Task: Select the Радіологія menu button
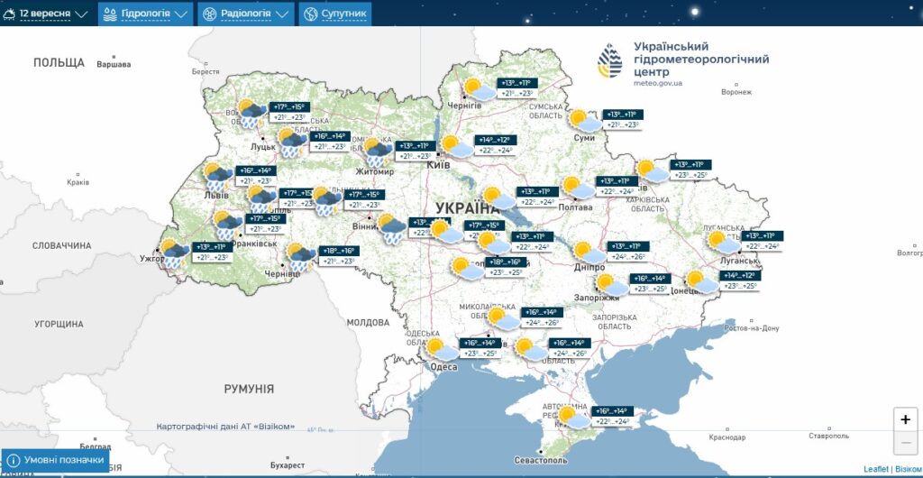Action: click(x=246, y=14)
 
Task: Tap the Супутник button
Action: click(x=334, y=14)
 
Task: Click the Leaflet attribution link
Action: click(x=875, y=469)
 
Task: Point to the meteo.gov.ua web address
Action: click(x=658, y=83)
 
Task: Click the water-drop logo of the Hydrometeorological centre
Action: click(x=610, y=61)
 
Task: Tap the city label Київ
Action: click(x=438, y=166)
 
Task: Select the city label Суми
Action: click(x=584, y=137)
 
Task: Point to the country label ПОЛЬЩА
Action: click(x=59, y=62)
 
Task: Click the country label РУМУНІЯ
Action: click(x=249, y=389)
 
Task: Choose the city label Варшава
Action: click(x=114, y=64)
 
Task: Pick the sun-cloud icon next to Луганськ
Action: click(x=722, y=242)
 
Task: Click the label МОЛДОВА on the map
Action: click(x=368, y=322)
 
